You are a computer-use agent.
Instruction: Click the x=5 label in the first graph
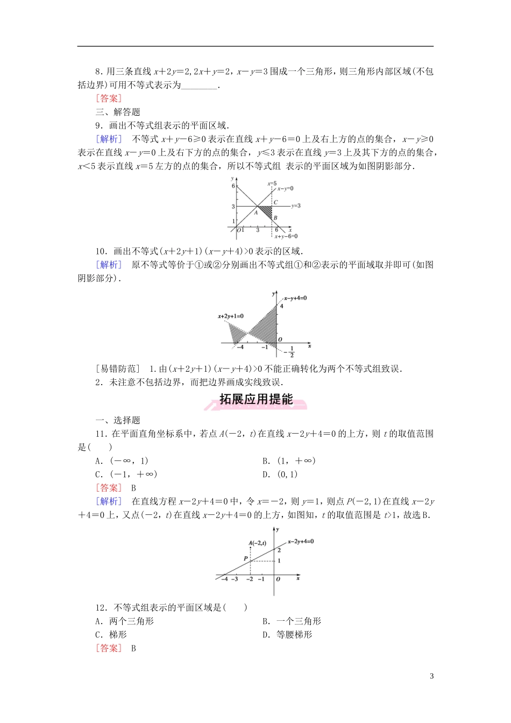coord(272,184)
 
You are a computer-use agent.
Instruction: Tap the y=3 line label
coord(296,206)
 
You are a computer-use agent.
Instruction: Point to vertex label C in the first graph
coord(275,202)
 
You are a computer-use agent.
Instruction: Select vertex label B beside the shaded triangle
coord(275,218)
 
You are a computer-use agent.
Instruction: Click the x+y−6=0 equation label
coord(286,236)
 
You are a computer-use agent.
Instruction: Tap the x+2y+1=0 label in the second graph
coord(230,316)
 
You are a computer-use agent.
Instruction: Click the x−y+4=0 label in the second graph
coord(295,298)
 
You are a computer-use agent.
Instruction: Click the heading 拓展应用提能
coord(256,399)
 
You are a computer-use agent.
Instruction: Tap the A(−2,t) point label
coord(258,543)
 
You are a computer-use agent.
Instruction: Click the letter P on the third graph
coord(246,559)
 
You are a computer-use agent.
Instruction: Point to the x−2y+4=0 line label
coord(301,542)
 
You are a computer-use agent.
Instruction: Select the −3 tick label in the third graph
coord(235,579)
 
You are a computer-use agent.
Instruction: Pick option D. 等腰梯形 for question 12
coord(287,635)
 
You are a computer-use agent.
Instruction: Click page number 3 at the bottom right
coord(431,676)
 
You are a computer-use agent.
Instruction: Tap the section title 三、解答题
coord(118,112)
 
